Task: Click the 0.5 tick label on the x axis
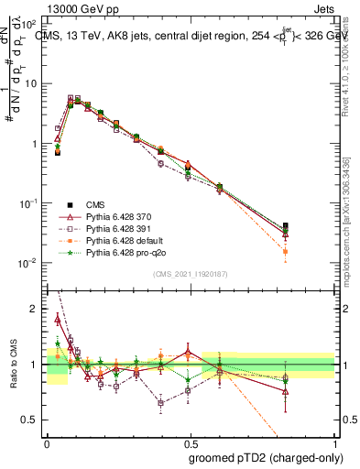point(191,442)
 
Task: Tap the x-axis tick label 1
point(336,442)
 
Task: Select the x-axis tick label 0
point(46,442)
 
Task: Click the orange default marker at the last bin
point(285,251)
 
